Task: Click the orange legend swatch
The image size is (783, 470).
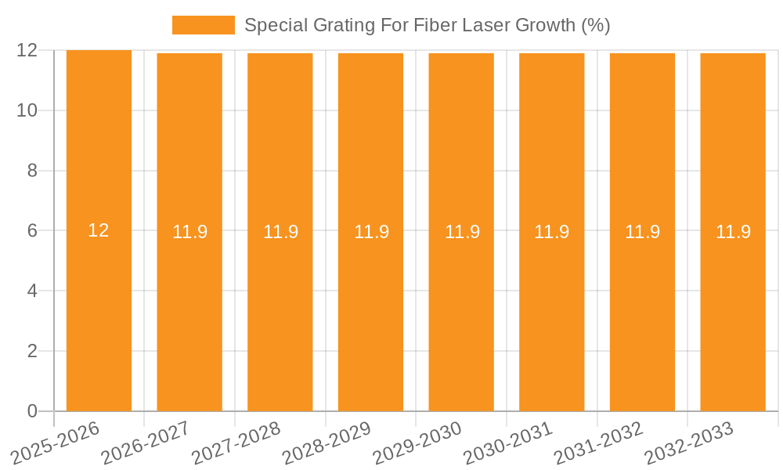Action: tap(203, 25)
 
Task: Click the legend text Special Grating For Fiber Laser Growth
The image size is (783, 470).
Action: tap(427, 25)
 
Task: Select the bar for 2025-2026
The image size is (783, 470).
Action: tap(99, 313)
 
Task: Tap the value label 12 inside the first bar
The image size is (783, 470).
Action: tap(99, 230)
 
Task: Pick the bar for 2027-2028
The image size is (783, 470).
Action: tap(280, 313)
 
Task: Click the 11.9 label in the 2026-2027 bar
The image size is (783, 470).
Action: tap(189, 232)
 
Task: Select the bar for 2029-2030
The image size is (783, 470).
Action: tap(461, 313)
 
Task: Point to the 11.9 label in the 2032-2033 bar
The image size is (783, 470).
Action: tap(733, 232)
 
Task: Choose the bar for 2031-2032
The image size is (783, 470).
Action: tap(642, 313)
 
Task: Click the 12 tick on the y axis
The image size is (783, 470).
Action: tap(27, 50)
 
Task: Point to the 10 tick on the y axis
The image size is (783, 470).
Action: tap(27, 110)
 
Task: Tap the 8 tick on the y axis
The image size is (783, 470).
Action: tap(32, 171)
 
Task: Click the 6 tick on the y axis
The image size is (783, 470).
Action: tap(32, 231)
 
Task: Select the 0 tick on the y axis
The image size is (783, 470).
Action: tap(32, 411)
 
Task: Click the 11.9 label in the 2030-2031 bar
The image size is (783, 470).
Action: tap(552, 232)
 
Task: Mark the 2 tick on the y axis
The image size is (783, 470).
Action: tap(32, 351)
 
